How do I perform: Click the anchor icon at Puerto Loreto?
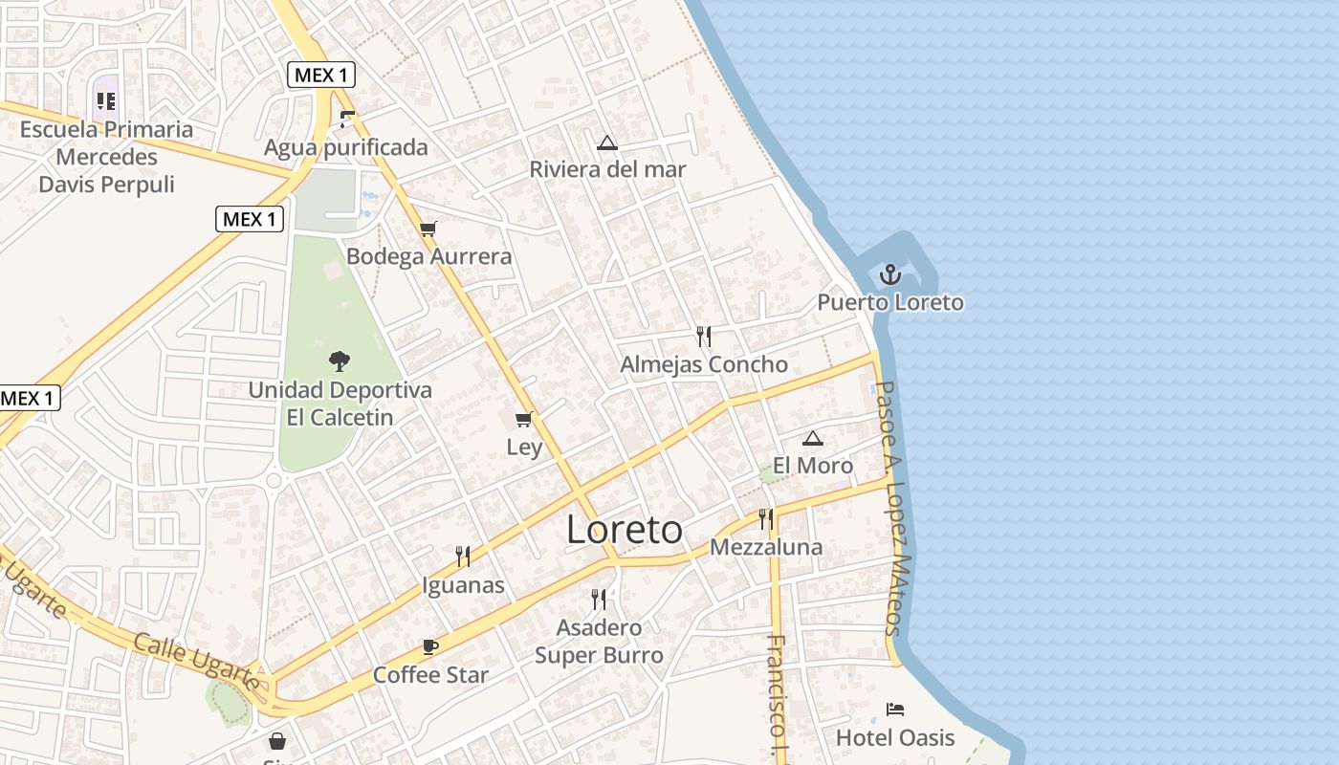tap(890, 274)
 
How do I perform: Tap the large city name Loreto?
tap(625, 530)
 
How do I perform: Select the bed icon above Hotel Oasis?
tap(895, 710)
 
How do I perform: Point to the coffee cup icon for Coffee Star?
tap(430, 647)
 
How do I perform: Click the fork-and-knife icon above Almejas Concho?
tap(704, 336)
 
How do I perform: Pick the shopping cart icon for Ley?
tap(523, 419)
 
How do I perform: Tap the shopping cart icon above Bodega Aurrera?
tap(428, 229)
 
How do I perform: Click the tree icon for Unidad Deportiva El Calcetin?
tap(339, 361)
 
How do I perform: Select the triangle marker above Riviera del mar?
tap(606, 143)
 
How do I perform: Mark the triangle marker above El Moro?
tap(813, 439)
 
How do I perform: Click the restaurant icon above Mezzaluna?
tap(765, 519)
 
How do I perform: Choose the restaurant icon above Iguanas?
tap(463, 556)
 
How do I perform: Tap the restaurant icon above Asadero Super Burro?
tap(599, 600)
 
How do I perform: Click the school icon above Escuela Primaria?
tap(106, 100)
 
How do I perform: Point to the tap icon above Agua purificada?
tap(347, 120)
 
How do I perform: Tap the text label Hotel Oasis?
tap(895, 737)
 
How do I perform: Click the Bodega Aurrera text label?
tap(428, 256)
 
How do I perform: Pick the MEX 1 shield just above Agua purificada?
tap(321, 75)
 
